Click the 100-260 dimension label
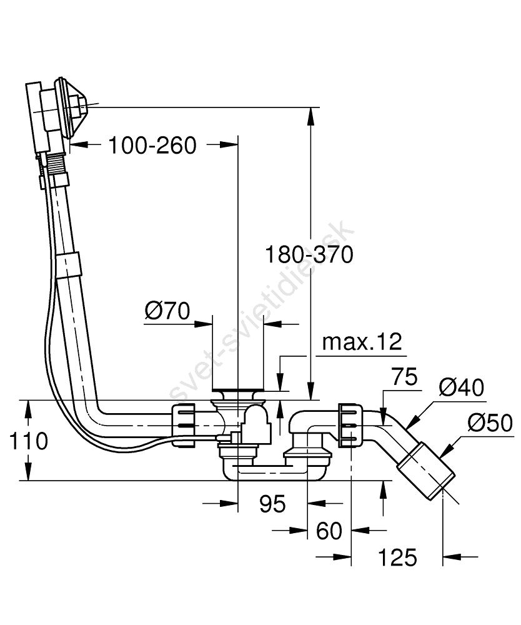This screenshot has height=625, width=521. click(x=152, y=146)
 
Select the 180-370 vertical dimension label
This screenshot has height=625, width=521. click(x=309, y=255)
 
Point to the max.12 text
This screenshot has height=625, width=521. click(x=362, y=342)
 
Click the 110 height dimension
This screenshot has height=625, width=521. click(x=29, y=441)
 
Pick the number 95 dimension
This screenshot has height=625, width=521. click(x=272, y=503)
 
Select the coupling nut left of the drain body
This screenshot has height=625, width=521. click(x=184, y=424)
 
